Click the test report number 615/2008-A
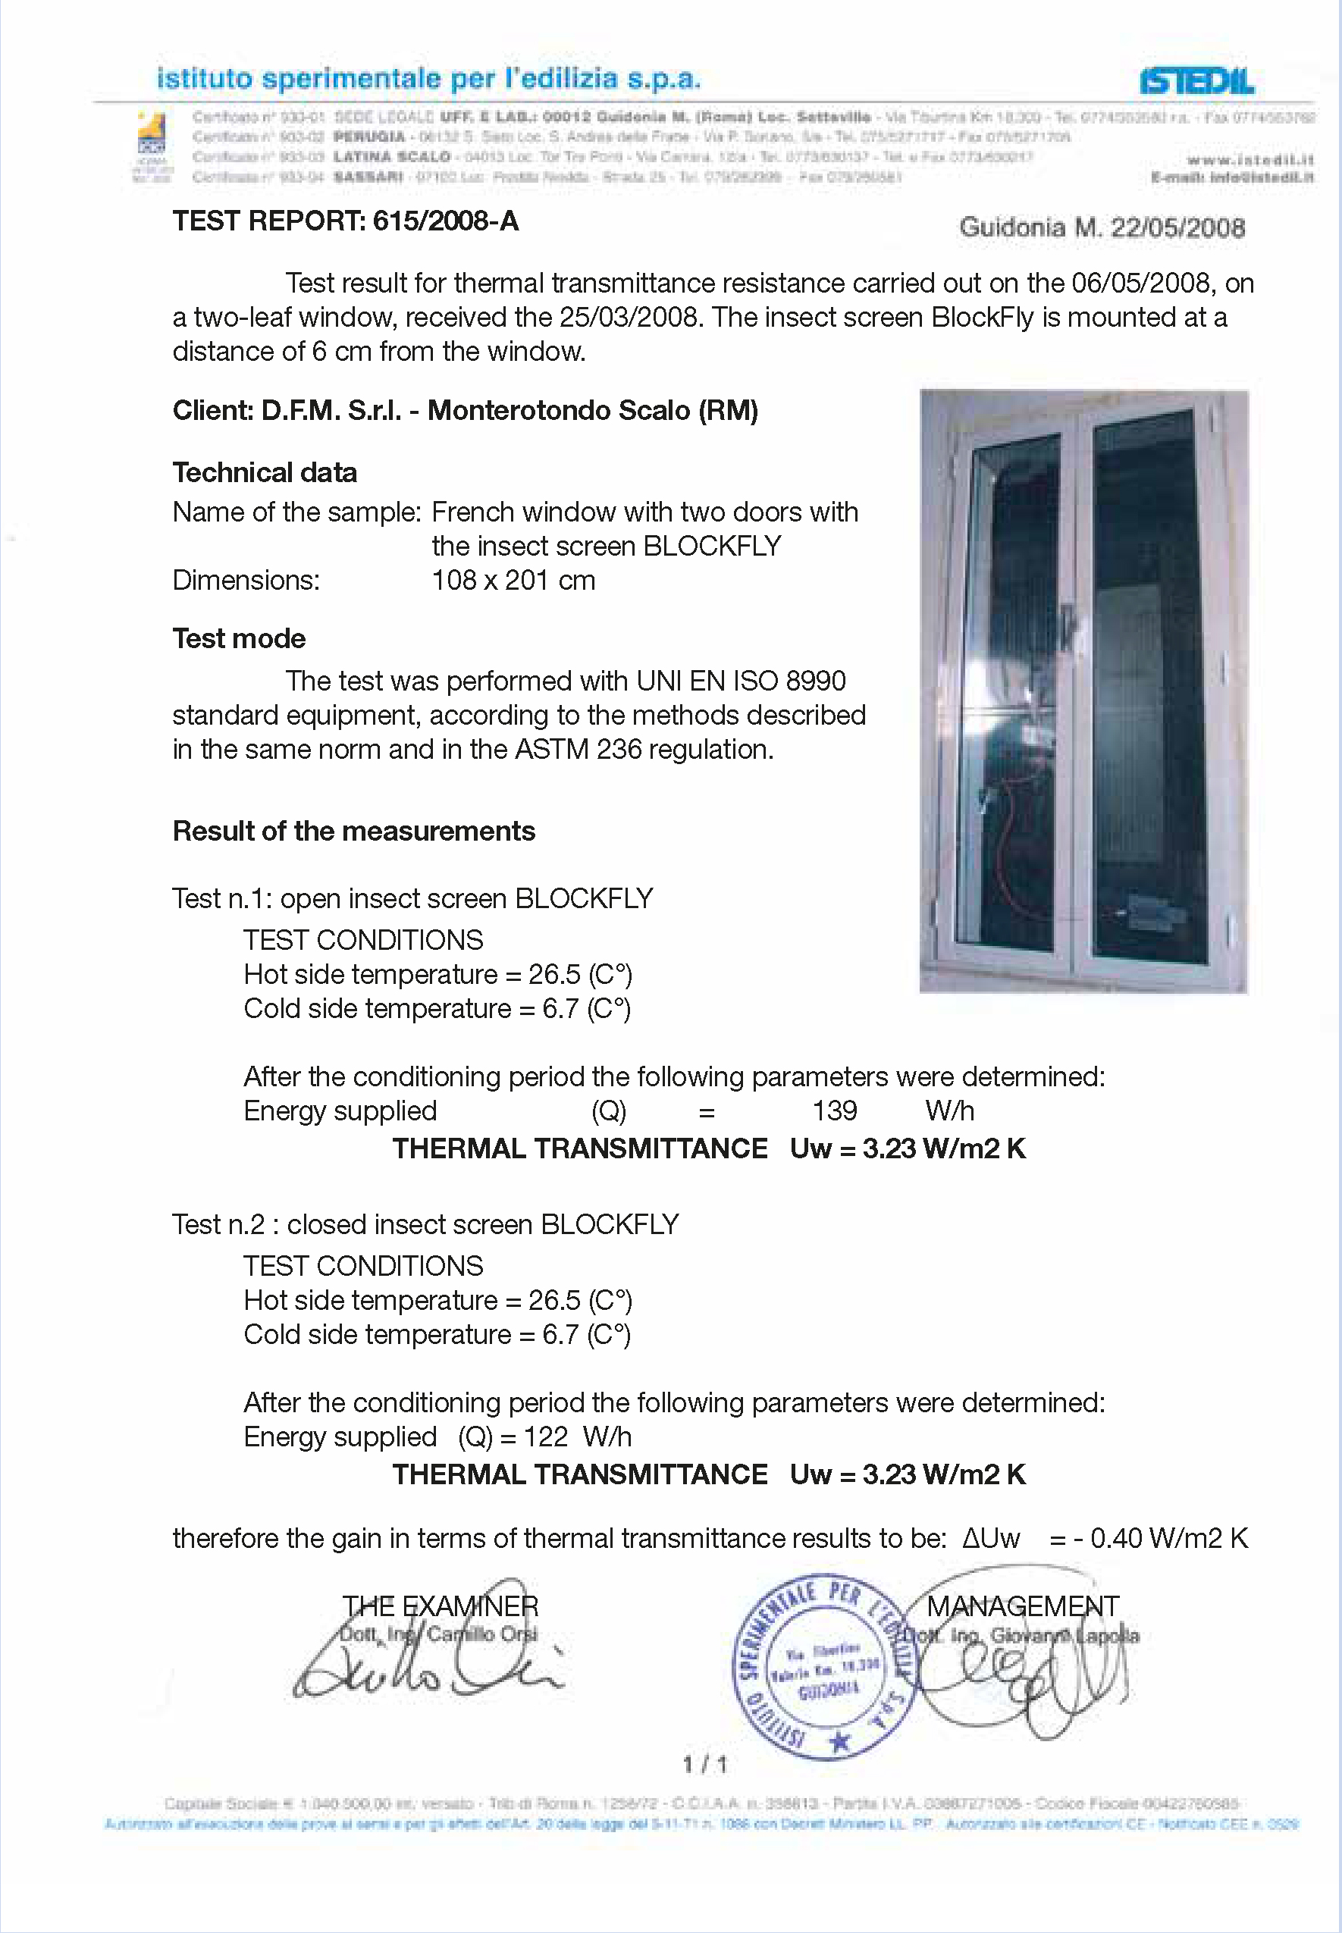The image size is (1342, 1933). tap(446, 221)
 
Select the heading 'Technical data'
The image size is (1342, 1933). tap(265, 472)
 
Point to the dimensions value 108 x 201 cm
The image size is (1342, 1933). tap(513, 580)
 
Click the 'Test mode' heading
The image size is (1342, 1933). tap(239, 639)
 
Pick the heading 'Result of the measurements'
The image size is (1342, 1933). tap(354, 831)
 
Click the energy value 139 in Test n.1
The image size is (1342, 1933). tap(834, 1111)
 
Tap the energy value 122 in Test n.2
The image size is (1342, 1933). tap(546, 1436)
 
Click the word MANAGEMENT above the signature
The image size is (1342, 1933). tap(1023, 1606)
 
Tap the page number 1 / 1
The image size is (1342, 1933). tap(704, 1764)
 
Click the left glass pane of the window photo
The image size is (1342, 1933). tap(1016, 697)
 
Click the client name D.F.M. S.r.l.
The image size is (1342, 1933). tap(331, 410)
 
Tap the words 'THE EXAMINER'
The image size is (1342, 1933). tap(440, 1606)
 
